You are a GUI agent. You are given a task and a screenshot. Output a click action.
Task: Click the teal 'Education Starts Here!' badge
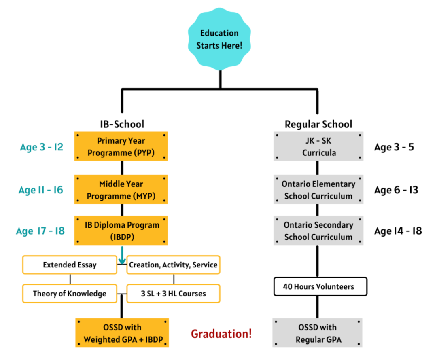[219, 39]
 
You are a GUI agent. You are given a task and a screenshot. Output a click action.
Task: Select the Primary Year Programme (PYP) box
[121, 146]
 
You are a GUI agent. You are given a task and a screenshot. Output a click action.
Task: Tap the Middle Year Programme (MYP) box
[121, 189]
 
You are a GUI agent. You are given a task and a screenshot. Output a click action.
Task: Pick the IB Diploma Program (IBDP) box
[121, 230]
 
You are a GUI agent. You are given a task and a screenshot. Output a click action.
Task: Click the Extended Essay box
[70, 265]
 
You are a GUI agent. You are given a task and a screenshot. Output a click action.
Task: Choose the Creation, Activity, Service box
[173, 265]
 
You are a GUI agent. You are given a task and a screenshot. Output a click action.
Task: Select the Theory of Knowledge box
[70, 294]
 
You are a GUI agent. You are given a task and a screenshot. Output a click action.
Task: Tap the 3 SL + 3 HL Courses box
[173, 294]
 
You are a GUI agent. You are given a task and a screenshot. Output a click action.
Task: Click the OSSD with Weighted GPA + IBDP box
[122, 333]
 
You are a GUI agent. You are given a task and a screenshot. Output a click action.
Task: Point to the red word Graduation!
[221, 334]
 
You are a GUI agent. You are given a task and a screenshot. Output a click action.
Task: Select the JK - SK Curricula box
[318, 146]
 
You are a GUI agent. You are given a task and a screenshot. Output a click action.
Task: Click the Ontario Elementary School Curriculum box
[318, 189]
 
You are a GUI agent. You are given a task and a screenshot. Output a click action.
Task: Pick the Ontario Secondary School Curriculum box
[318, 230]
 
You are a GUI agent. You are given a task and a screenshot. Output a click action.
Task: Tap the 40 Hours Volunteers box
[320, 286]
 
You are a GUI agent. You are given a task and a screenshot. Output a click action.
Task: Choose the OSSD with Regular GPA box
[318, 333]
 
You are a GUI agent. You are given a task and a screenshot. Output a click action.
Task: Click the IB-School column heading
[122, 124]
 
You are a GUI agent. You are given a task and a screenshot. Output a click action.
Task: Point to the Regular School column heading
[318, 124]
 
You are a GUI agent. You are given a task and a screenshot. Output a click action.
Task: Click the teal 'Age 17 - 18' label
[40, 231]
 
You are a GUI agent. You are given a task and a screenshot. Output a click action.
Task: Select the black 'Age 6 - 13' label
[396, 190]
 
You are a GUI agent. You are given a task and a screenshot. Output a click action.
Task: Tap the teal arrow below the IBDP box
[122, 257]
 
